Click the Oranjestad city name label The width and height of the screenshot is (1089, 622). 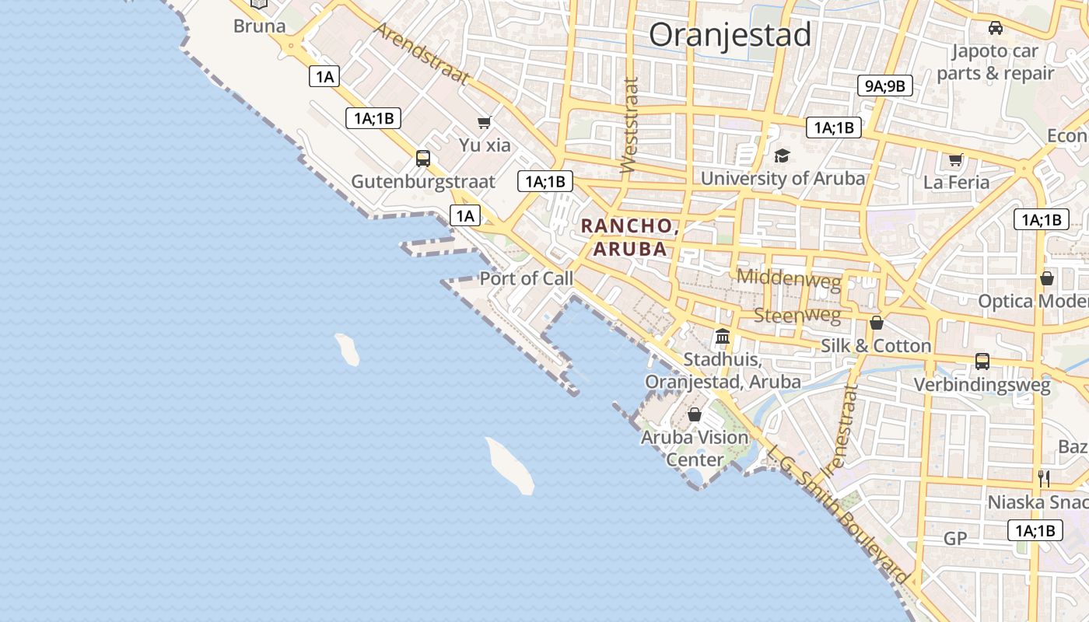(x=730, y=35)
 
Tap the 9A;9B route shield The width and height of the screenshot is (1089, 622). (x=885, y=86)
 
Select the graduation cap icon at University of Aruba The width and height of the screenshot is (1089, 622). (x=782, y=155)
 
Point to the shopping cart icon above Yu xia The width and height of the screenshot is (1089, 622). (x=485, y=122)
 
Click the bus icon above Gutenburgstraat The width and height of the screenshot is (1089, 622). (x=423, y=159)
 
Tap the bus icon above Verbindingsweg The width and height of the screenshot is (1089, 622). (x=982, y=361)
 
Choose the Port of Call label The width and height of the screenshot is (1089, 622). (x=526, y=278)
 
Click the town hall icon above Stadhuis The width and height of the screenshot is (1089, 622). (x=723, y=337)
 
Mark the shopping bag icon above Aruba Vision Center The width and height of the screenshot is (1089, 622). (x=695, y=414)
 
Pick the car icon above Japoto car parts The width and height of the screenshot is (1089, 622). (x=995, y=28)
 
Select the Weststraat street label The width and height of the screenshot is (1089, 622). (x=629, y=124)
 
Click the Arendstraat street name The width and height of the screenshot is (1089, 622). (x=422, y=53)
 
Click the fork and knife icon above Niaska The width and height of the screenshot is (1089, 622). (x=1044, y=478)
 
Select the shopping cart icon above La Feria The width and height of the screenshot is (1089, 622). (x=956, y=159)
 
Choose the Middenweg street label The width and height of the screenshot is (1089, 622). (x=789, y=278)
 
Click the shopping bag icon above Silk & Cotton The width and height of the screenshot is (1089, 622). (x=877, y=323)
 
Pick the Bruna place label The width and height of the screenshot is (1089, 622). (x=260, y=26)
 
